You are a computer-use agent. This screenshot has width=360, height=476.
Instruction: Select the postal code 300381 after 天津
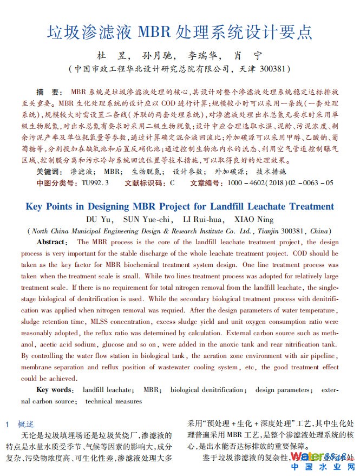tap(274, 70)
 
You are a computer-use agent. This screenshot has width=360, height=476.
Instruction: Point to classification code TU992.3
tap(95, 183)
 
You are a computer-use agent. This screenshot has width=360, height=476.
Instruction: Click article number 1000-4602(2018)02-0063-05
tap(280, 183)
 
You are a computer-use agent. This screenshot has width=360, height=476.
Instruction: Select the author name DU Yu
tap(99, 219)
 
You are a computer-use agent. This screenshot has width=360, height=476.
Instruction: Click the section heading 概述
tap(25, 424)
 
